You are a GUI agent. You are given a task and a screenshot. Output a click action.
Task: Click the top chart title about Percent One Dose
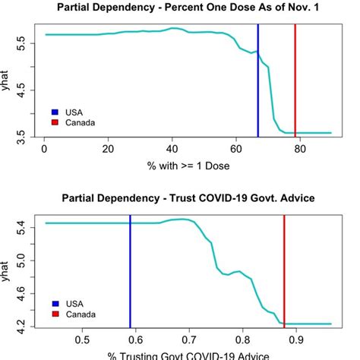[188, 8]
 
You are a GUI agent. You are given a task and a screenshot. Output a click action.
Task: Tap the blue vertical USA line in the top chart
[258, 84]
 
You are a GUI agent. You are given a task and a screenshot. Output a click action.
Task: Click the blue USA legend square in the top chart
[54, 112]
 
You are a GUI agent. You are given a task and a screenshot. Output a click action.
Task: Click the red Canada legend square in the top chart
[54, 122]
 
